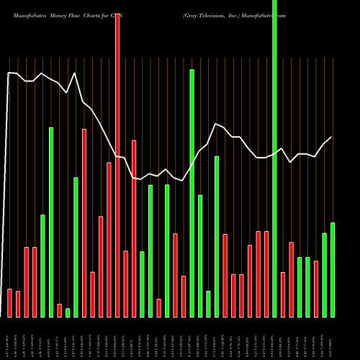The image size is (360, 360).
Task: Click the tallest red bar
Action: click(117, 166)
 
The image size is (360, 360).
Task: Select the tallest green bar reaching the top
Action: click(274, 158)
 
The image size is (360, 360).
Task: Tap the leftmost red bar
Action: click(9, 303)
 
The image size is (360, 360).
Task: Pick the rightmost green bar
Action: click(333, 270)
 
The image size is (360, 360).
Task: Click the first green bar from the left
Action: click(42, 266)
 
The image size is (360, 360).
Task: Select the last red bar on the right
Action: click(316, 289)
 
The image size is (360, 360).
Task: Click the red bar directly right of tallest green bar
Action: click(283, 294)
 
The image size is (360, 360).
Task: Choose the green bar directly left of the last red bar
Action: click(308, 287)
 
